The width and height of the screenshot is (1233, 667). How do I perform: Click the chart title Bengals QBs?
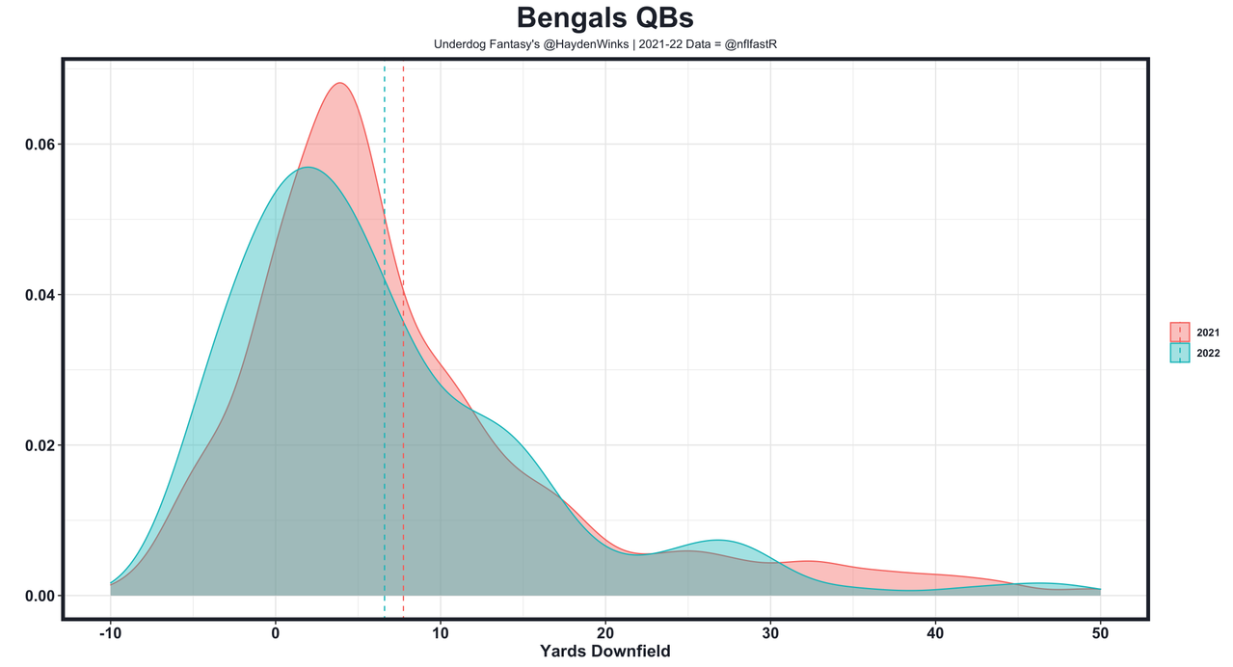click(604, 18)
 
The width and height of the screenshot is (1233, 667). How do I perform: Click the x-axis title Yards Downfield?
click(604, 651)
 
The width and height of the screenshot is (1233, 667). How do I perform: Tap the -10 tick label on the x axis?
click(110, 632)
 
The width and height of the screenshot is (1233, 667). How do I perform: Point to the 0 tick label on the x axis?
click(276, 632)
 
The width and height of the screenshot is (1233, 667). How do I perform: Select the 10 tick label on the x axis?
click(441, 632)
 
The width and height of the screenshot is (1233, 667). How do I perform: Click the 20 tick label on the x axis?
click(605, 632)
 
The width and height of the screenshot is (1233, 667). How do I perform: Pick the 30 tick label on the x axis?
click(770, 632)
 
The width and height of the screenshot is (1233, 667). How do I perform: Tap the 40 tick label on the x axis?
click(935, 632)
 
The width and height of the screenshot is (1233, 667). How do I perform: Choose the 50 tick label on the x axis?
click(1100, 632)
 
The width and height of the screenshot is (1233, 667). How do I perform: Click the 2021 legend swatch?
click(1180, 333)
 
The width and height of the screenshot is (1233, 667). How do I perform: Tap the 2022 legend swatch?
click(1180, 353)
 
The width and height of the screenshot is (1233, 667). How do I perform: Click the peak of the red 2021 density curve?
click(340, 83)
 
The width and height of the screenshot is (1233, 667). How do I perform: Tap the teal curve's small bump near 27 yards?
click(718, 541)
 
